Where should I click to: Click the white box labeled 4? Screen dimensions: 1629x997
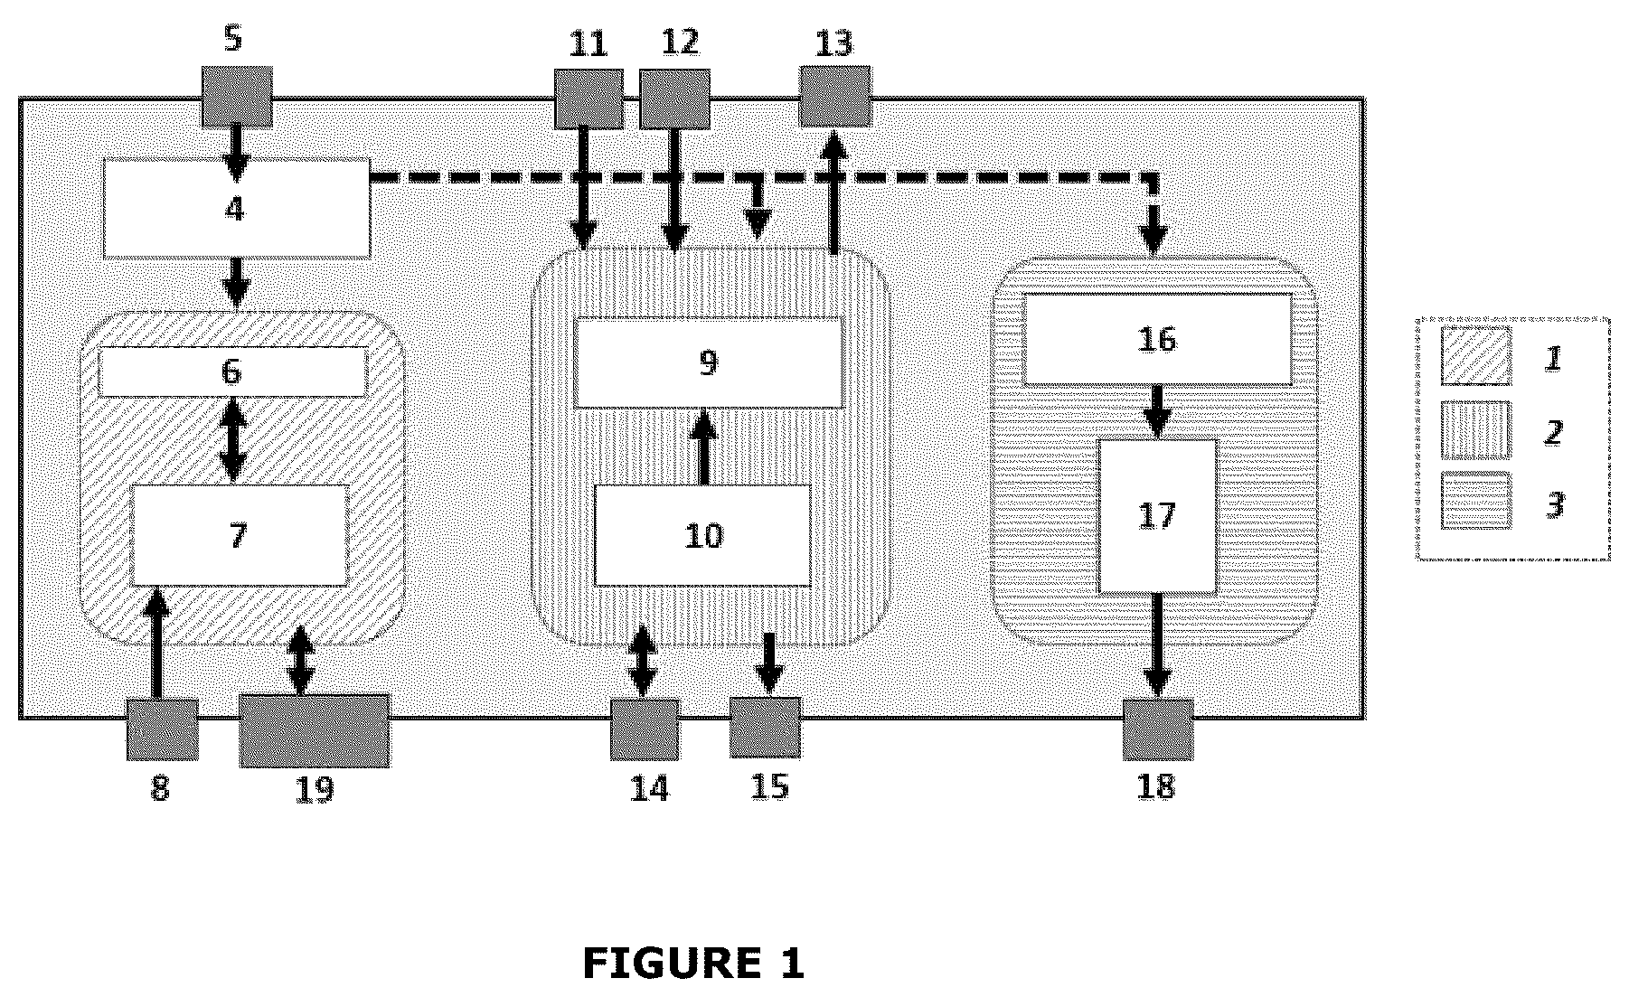tap(237, 208)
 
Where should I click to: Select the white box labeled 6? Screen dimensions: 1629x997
tap(233, 372)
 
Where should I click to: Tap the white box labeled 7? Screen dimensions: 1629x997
tap(240, 535)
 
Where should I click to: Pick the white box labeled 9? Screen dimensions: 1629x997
tap(709, 362)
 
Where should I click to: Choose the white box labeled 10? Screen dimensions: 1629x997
tap(702, 535)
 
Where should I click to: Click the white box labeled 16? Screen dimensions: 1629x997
tap(1157, 339)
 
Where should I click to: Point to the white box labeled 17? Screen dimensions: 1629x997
tap(1157, 516)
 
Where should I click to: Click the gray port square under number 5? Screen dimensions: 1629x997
tap(237, 97)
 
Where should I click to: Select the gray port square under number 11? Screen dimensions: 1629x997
tap(589, 99)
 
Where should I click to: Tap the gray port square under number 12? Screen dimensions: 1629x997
tap(674, 99)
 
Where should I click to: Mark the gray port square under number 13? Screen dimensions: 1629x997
tap(835, 97)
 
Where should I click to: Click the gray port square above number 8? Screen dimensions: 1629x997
tap(162, 729)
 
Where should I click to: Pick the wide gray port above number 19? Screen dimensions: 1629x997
tap(315, 731)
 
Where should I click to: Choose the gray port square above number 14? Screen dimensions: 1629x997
tap(645, 729)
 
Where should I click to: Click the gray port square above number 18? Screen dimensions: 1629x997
tap(1158, 729)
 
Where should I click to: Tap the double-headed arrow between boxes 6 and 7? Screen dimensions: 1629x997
tap(233, 440)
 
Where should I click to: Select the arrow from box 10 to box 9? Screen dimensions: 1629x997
tap(703, 446)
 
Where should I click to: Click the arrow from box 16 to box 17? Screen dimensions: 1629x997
tap(1157, 412)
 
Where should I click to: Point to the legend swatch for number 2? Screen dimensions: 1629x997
tap(1475, 429)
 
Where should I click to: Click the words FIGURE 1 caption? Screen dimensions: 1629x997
tap(693, 964)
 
